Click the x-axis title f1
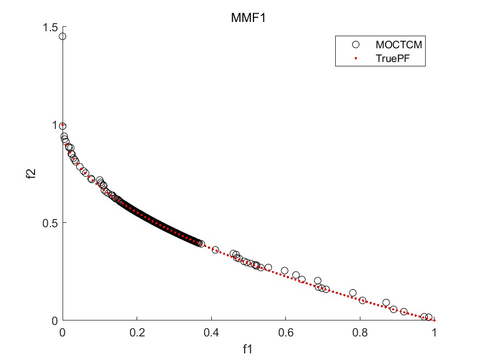click(248, 347)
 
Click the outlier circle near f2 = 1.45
click(63, 36)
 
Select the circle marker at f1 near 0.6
click(285, 271)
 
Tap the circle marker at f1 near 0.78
click(353, 293)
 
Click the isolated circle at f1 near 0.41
click(216, 250)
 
